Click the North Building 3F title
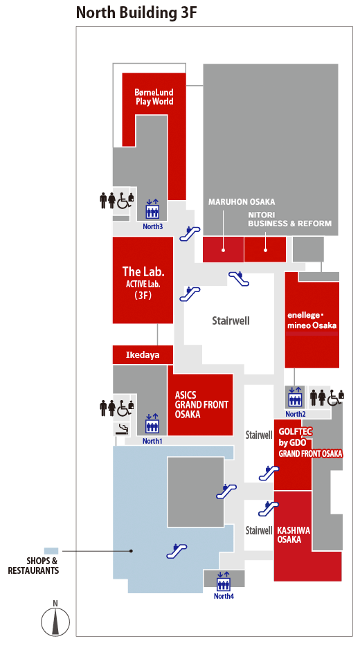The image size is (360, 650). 136,12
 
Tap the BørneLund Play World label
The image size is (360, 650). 154,97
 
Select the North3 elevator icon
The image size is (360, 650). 152,211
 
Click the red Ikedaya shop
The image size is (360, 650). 143,355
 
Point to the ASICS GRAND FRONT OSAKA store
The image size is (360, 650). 200,404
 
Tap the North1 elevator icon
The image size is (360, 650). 152,425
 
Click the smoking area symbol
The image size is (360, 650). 122,429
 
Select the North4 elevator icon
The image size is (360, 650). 223,584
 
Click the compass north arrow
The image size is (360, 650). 55,620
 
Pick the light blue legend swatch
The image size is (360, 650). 51,551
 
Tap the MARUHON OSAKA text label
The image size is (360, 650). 242,202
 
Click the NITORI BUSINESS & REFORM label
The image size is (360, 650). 289,219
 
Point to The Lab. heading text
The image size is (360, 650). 143,271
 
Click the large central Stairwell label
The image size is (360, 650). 231,321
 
